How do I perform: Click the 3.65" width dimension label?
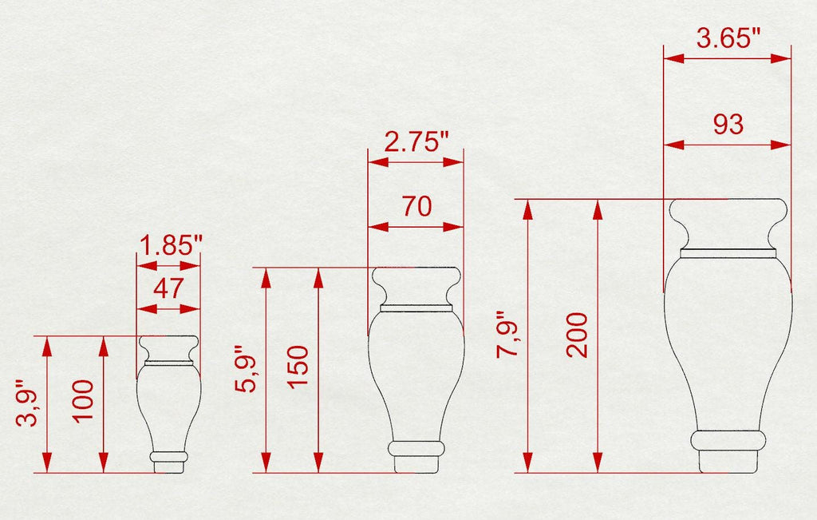[x=728, y=38]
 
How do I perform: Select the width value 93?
[x=728, y=125]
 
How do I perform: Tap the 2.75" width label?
[x=416, y=141]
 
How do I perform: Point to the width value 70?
[x=416, y=206]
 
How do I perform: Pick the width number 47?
[x=168, y=288]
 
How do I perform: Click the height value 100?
[x=82, y=400]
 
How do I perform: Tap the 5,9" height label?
[x=246, y=369]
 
